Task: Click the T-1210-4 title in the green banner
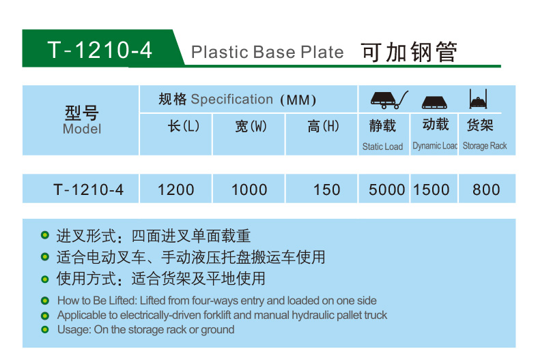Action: click(x=100, y=50)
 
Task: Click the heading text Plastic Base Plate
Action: click(x=268, y=52)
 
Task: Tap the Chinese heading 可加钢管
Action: click(x=410, y=52)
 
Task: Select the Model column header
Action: click(x=82, y=129)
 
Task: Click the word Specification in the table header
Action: click(x=231, y=100)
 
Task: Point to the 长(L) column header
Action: click(x=184, y=126)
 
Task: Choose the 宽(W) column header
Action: click(x=251, y=126)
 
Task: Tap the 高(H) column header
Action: click(x=323, y=126)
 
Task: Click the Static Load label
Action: click(x=382, y=147)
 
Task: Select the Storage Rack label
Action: click(x=485, y=145)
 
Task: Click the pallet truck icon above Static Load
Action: click(x=389, y=100)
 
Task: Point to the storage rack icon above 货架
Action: click(x=478, y=99)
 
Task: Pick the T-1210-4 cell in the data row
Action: click(x=89, y=189)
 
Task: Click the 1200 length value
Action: click(x=176, y=189)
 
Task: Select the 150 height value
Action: click(x=327, y=189)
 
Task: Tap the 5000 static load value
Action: click(x=387, y=189)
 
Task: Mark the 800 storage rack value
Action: click(x=486, y=189)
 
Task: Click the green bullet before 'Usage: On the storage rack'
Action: click(x=44, y=329)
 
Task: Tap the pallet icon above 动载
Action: click(x=434, y=102)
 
